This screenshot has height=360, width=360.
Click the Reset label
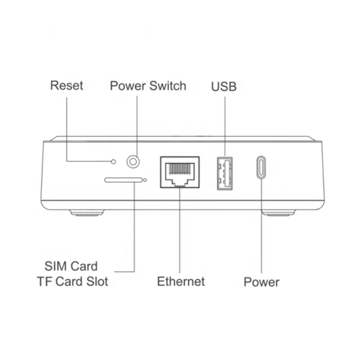pyautogui.click(x=66, y=85)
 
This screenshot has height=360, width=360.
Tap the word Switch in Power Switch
pyautogui.click(x=168, y=86)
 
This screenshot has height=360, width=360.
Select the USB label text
pyautogui.click(x=224, y=87)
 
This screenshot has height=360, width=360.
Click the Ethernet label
pyautogui.click(x=181, y=281)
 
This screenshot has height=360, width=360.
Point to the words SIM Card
pyautogui.click(x=71, y=266)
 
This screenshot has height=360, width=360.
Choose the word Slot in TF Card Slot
pyautogui.click(x=97, y=281)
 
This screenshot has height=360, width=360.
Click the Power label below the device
pyautogui.click(x=262, y=282)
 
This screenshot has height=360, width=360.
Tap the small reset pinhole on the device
pyautogui.click(x=113, y=161)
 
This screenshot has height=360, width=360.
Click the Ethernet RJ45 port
pyautogui.click(x=180, y=172)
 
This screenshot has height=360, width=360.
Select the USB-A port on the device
pyautogui.click(x=225, y=174)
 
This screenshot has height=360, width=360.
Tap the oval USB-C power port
pyautogui.click(x=261, y=167)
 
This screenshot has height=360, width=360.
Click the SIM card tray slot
pyautogui.click(x=124, y=180)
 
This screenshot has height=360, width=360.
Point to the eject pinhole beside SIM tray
pyautogui.click(x=145, y=180)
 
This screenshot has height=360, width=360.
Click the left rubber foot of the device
pyautogui.click(x=87, y=213)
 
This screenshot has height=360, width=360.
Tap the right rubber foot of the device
pyautogui.click(x=278, y=213)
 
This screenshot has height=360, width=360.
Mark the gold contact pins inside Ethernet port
pyautogui.click(x=180, y=169)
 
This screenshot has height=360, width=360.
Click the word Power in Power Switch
pyautogui.click(x=128, y=86)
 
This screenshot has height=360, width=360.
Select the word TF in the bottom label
pyautogui.click(x=45, y=281)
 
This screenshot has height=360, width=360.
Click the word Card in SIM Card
pyautogui.click(x=84, y=266)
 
